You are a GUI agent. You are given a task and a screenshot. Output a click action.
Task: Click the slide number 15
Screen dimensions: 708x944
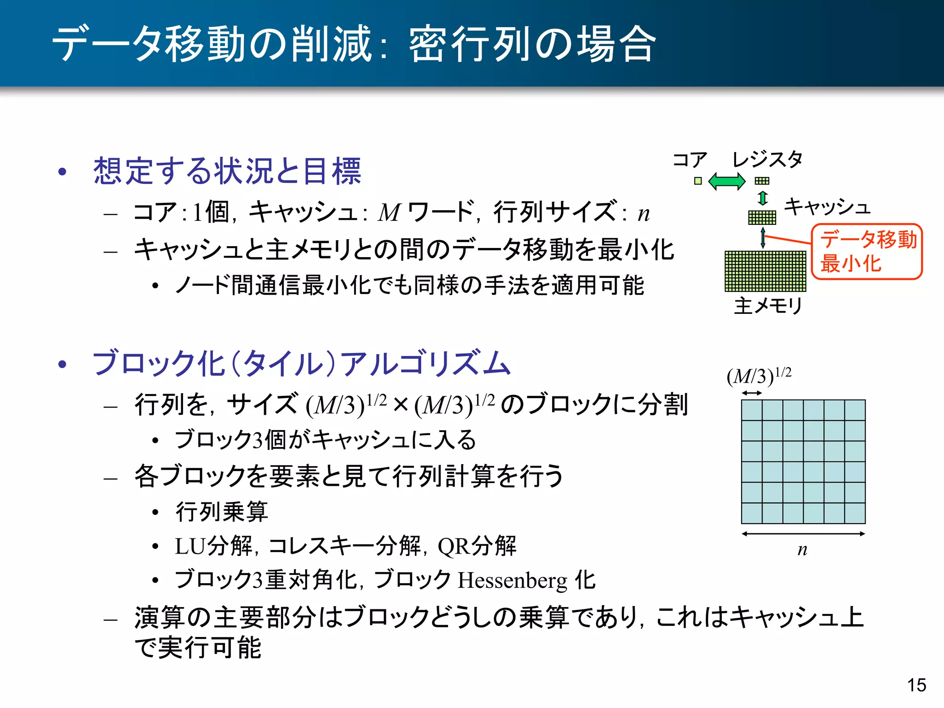(916, 685)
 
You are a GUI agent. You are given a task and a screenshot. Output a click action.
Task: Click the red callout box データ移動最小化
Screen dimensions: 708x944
(867, 252)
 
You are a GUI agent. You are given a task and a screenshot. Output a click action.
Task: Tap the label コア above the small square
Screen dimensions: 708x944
(690, 160)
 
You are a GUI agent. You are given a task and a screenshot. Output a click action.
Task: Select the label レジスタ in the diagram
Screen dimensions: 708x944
(767, 159)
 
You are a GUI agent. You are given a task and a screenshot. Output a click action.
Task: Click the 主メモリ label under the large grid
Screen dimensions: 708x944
(768, 306)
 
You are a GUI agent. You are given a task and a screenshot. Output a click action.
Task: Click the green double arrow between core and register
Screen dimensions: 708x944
(726, 181)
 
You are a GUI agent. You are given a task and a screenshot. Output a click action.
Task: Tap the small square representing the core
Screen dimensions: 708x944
(698, 181)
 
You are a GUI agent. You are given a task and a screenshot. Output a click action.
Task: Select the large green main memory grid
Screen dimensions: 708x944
(765, 271)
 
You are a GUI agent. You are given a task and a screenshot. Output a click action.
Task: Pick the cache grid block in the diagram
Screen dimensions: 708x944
(762, 217)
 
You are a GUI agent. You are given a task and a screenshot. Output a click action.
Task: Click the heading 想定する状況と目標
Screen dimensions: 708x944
(227, 171)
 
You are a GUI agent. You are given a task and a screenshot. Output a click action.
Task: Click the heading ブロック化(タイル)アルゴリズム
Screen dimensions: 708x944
(302, 364)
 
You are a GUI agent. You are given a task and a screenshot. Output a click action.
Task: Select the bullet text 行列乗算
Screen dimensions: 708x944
(222, 512)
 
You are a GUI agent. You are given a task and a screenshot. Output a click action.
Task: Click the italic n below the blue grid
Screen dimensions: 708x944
(802, 549)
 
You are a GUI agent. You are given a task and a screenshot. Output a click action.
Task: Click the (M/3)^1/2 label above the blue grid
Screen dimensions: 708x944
(759, 376)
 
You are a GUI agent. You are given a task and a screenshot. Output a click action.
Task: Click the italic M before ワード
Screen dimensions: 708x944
(390, 213)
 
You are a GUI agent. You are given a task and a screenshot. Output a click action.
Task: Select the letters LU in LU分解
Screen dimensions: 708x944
(190, 547)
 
